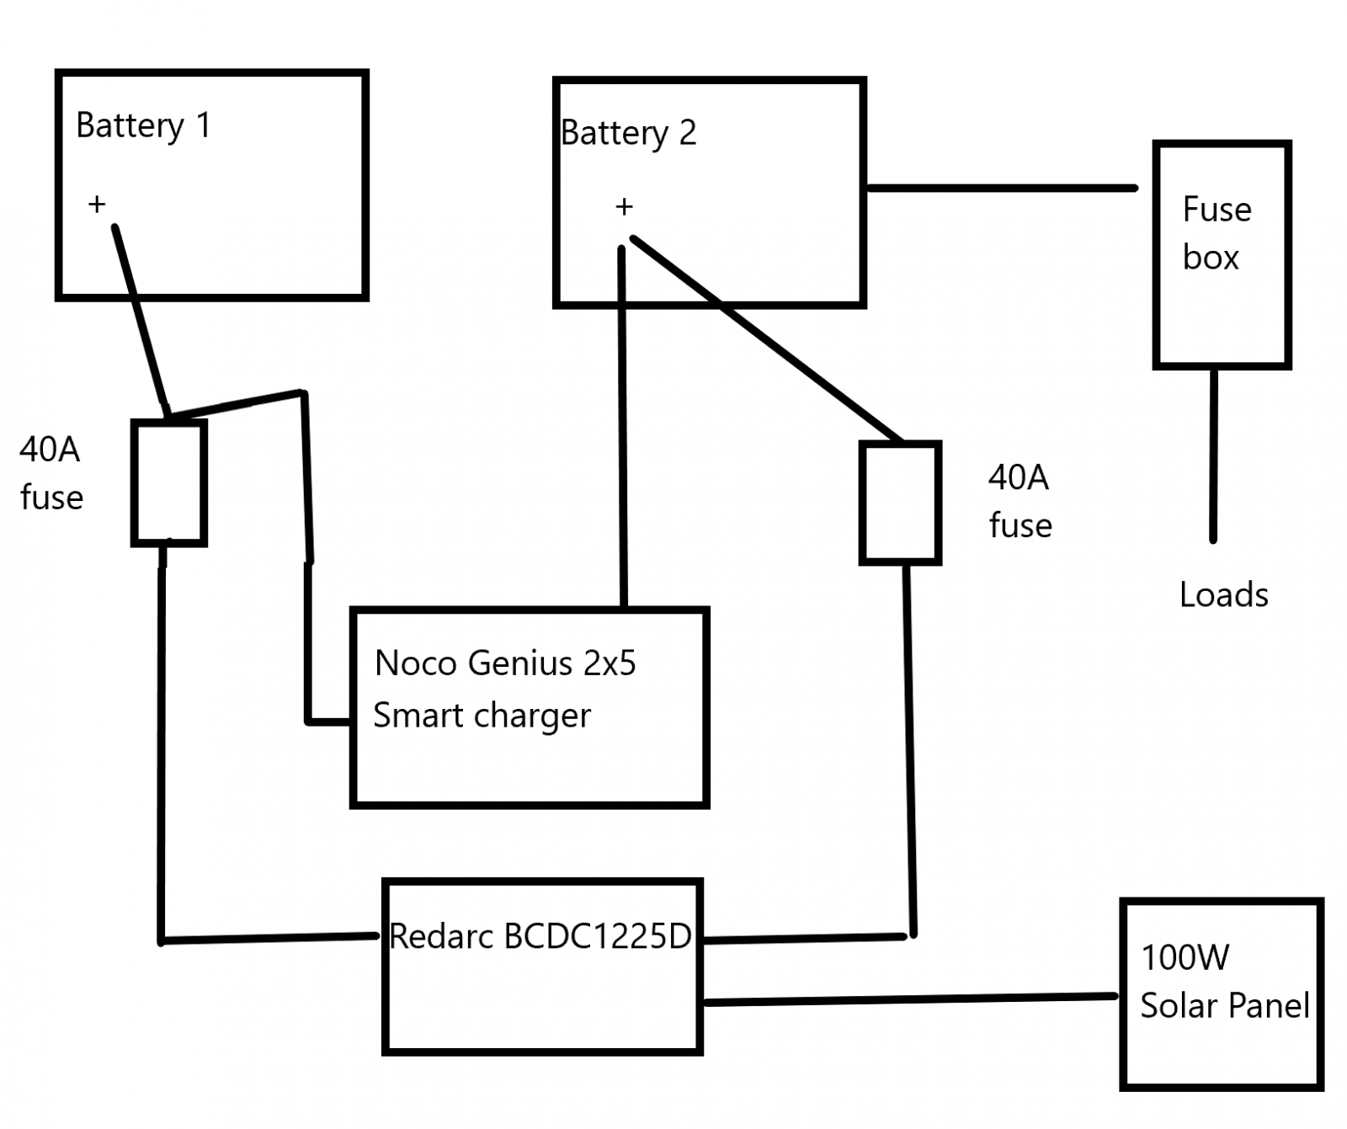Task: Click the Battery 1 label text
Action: pyautogui.click(x=142, y=126)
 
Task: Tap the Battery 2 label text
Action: pyautogui.click(x=628, y=133)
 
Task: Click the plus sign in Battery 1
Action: pyautogui.click(x=97, y=204)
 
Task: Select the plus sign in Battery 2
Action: pyautogui.click(x=624, y=207)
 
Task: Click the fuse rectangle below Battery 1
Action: pyautogui.click(x=169, y=483)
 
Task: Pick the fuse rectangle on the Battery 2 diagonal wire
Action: pyautogui.click(x=900, y=503)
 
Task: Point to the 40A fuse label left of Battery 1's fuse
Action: pyautogui.click(x=51, y=473)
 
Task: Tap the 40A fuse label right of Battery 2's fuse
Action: pyautogui.click(x=1020, y=502)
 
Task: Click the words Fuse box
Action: pyautogui.click(x=1216, y=233)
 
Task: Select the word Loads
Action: pyautogui.click(x=1223, y=595)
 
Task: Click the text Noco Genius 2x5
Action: pyautogui.click(x=505, y=663)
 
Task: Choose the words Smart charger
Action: pyautogui.click(x=482, y=716)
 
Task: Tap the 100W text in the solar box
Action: pyautogui.click(x=1185, y=958)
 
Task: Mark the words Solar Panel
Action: pyautogui.click(x=1224, y=1006)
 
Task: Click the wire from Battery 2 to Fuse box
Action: pyautogui.click(x=1002, y=188)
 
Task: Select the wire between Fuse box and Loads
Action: pyautogui.click(x=1213, y=455)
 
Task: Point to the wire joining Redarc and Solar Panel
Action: pyautogui.click(x=909, y=999)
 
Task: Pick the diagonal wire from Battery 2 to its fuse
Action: pyautogui.click(x=766, y=338)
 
